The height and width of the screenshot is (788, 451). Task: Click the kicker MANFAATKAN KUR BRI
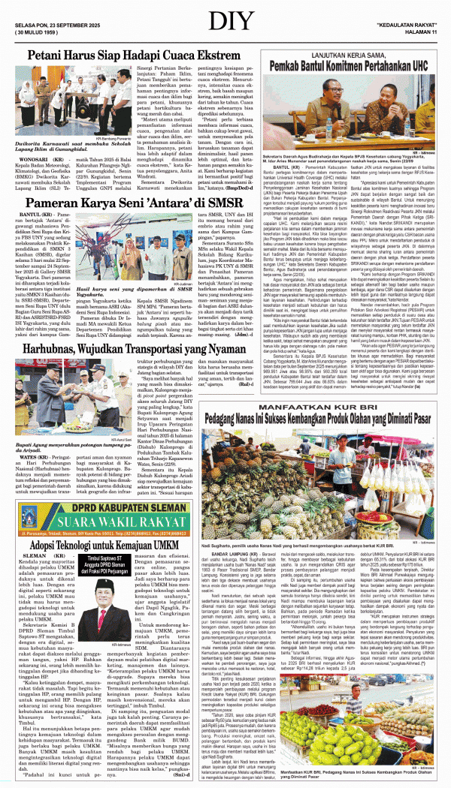[328, 407]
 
